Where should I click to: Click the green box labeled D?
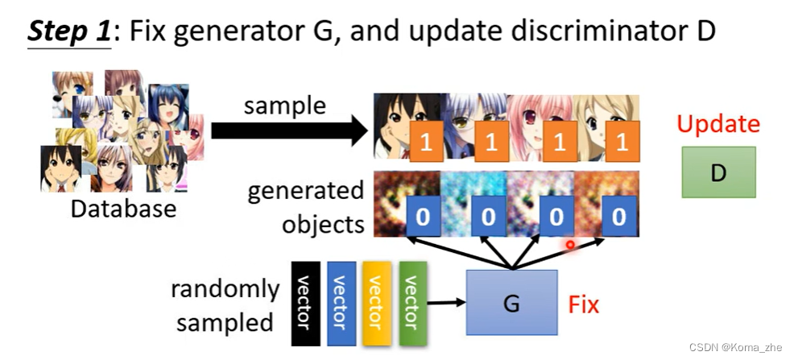[x=718, y=172]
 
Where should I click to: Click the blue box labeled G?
[x=511, y=303]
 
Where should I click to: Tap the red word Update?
[x=718, y=124]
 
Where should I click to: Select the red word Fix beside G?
[x=584, y=305]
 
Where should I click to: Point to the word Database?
[x=123, y=209]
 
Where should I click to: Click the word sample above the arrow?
[x=285, y=106]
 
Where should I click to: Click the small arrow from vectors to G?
[x=447, y=303]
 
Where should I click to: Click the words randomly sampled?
[x=225, y=305]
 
